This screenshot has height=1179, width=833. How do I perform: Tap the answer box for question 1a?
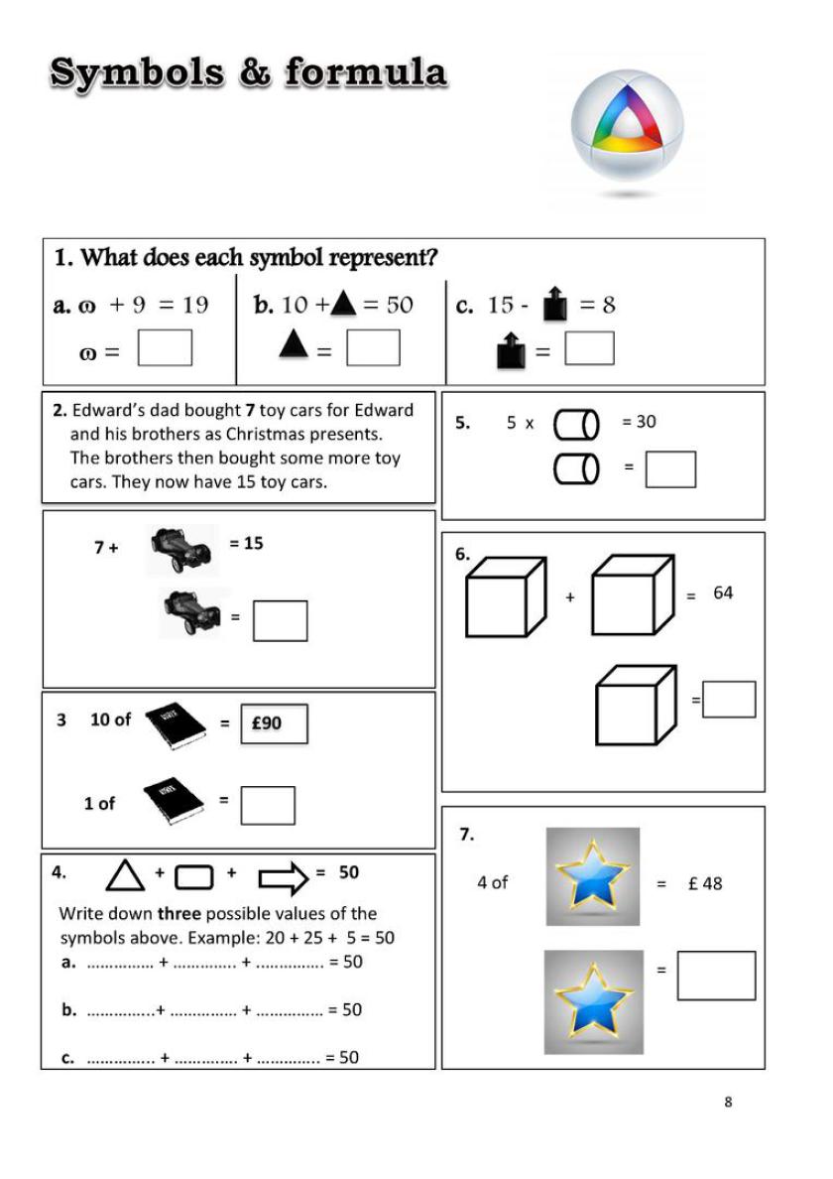[165, 348]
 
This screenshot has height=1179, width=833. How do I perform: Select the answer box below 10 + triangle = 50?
[373, 348]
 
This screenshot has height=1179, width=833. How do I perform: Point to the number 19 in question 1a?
[195, 306]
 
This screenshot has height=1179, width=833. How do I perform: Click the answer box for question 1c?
[589, 348]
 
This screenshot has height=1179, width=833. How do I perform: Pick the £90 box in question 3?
[274, 723]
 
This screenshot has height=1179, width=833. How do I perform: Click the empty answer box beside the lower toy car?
[280, 621]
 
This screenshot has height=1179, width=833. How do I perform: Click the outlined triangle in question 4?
[125, 875]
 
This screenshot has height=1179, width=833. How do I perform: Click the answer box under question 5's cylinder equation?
[670, 469]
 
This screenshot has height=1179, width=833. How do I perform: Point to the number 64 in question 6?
[723, 593]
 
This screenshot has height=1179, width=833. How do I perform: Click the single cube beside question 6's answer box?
[634, 705]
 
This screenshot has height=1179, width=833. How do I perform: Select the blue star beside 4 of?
[593, 875]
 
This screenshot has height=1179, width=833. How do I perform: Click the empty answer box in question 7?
[716, 976]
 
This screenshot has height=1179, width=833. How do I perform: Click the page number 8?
[729, 1102]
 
